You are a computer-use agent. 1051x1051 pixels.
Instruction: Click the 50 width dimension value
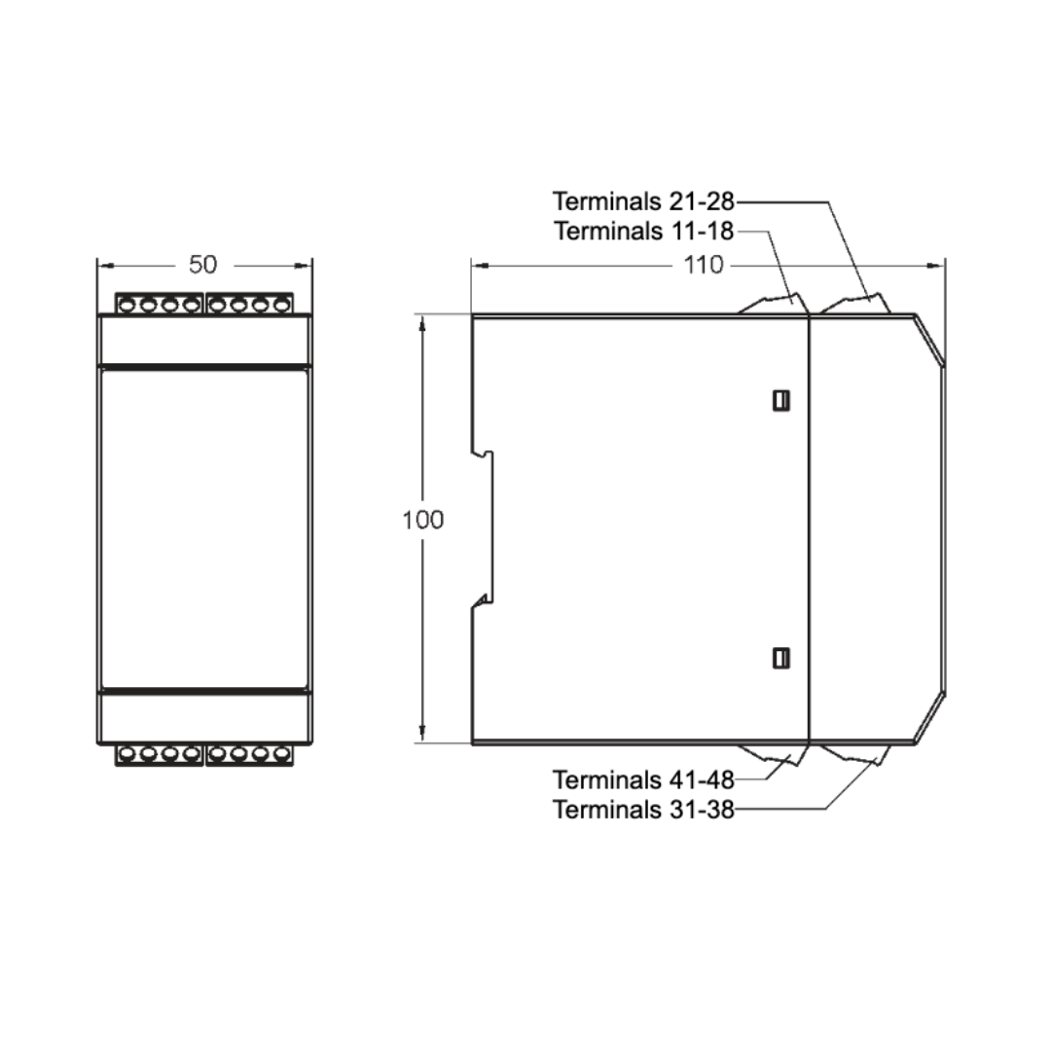pos(203,264)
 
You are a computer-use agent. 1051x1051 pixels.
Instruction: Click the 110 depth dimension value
pos(703,264)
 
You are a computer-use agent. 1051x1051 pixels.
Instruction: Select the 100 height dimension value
pos(422,520)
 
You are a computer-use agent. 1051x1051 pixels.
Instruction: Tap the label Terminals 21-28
pos(643,201)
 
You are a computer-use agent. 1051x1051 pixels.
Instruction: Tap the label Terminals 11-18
pos(643,232)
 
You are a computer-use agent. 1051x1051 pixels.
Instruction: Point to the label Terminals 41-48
pos(643,779)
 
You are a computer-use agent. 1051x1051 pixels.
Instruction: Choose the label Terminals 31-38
pos(643,810)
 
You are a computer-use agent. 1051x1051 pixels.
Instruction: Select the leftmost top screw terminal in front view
pos(128,306)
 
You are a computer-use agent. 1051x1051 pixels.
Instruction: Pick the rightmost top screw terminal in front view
pos(281,306)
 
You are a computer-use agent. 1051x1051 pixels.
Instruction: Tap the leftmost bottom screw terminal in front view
pos(128,753)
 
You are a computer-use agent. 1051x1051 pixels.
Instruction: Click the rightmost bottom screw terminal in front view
pos(281,753)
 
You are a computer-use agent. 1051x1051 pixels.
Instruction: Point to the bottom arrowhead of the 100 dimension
pos(422,734)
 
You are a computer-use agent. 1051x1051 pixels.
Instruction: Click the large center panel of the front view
pos(204,525)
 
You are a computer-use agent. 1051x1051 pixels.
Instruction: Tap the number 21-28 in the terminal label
pos(701,201)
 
